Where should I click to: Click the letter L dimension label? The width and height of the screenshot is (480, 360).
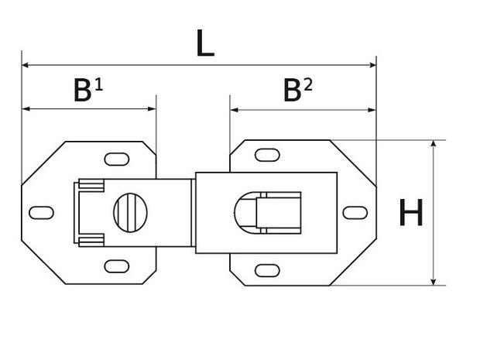coord(205,43)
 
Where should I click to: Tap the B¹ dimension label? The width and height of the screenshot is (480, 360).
coord(88,90)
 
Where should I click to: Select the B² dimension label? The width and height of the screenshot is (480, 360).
coord(298,90)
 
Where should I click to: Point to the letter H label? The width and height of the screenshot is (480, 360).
coord(411,212)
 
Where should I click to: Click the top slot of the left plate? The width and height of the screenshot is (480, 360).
coord(117,159)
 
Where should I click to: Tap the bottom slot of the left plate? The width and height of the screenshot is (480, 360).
coord(117,266)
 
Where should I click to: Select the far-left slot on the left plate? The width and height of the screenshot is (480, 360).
coord(41,213)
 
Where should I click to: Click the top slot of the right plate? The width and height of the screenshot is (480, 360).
coord(267,155)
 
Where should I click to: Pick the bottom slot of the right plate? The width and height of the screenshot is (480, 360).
coord(267,271)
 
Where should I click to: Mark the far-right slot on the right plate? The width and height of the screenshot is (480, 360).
coord(355,213)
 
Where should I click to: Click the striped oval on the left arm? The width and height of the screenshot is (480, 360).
coord(130,213)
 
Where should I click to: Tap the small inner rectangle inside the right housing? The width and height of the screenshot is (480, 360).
coord(279,213)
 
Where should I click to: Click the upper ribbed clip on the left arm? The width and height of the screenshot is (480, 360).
coord(91,186)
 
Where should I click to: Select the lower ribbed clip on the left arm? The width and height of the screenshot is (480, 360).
coord(91,240)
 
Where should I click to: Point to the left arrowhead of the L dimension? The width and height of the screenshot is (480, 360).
coord(25,65)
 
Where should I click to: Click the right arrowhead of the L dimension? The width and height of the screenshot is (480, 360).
coord(373,65)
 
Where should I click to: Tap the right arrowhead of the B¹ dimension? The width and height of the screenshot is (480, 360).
coord(153,108)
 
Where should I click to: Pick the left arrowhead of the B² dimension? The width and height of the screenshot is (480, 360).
coord(234,110)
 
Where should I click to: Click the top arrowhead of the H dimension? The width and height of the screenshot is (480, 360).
coord(434,144)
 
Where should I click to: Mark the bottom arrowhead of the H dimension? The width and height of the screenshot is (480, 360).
coord(434,282)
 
